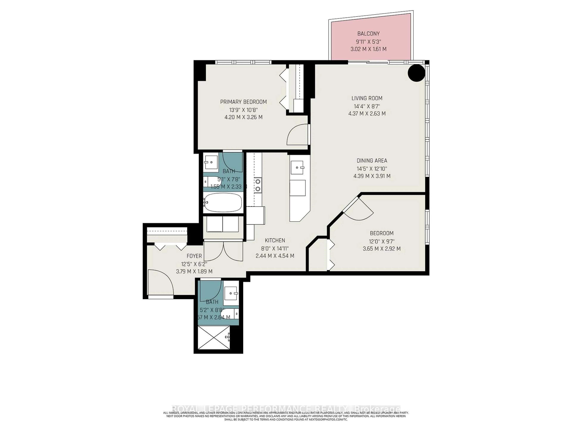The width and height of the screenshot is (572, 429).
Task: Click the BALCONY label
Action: (x=369, y=34)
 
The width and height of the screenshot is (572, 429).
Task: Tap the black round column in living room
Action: (x=416, y=73)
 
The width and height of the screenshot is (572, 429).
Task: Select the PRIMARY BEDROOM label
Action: (x=243, y=102)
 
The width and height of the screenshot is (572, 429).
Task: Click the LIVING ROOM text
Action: (x=367, y=98)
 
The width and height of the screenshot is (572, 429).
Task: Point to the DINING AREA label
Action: (x=372, y=161)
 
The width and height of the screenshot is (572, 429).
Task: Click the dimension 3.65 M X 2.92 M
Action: (x=382, y=249)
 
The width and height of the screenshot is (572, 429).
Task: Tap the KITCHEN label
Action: (x=275, y=240)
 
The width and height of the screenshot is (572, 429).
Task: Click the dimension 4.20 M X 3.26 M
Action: (x=243, y=117)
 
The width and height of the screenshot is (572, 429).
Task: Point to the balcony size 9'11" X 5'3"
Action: (x=369, y=41)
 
